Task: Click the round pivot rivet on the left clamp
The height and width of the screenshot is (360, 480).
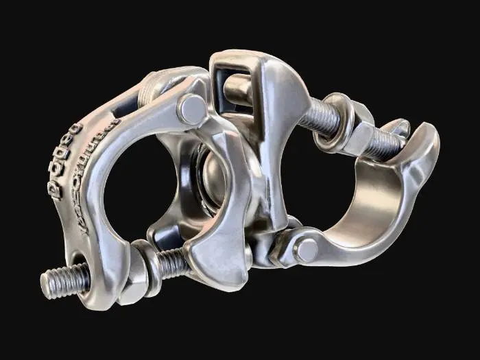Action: tap(193, 108)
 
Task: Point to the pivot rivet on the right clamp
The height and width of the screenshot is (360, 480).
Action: tap(307, 250)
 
